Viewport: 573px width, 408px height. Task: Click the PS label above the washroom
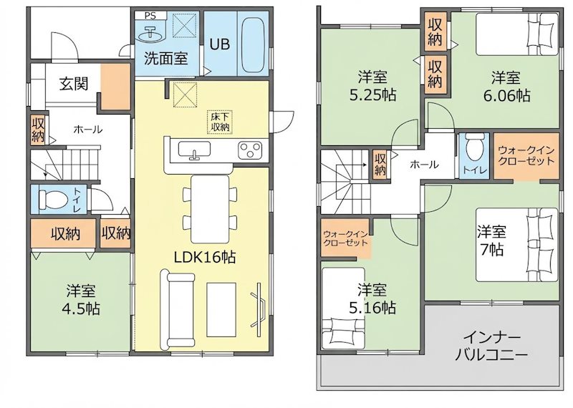pos(150,16)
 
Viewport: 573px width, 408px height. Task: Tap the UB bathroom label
pos(220,44)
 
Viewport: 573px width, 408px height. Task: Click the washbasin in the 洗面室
pos(152,34)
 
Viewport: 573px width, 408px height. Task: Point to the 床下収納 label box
pos(220,122)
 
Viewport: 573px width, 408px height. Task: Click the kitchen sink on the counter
pos(194,150)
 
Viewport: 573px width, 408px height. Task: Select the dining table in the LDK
pos(210,209)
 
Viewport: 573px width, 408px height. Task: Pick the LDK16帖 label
pos(204,258)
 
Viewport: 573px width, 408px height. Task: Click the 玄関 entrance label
pos(74,84)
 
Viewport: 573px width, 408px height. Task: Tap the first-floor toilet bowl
pos(53,200)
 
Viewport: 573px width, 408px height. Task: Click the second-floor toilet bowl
pos(473,147)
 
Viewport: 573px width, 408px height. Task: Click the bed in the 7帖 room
pos(516,244)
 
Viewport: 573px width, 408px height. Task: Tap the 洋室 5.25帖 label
pos(372,87)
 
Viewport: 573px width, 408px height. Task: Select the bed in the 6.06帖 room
pos(517,34)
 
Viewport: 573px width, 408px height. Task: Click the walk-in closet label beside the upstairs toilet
pos(526,156)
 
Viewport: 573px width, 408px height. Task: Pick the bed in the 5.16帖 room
pos(343,309)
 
